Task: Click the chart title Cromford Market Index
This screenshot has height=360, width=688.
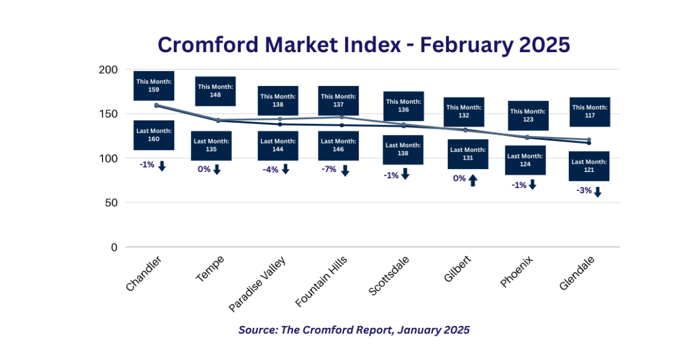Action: click(364, 44)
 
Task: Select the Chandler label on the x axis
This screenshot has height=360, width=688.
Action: click(144, 273)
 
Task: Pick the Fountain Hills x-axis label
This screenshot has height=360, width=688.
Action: click(321, 282)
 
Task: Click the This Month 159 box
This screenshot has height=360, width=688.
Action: click(154, 85)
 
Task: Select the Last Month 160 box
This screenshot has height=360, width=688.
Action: click(154, 135)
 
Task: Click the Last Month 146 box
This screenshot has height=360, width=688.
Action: click(338, 145)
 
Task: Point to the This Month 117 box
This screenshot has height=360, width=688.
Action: click(590, 111)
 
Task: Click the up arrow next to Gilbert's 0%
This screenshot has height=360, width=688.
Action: click(473, 180)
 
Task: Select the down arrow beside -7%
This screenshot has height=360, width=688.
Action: click(345, 171)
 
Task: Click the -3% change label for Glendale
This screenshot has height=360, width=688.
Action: click(584, 190)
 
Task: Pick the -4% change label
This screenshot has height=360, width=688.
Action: click(270, 169)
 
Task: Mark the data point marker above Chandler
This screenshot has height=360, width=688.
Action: click(157, 106)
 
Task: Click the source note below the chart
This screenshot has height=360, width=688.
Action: click(354, 330)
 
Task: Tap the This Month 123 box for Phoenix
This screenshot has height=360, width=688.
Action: click(528, 115)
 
